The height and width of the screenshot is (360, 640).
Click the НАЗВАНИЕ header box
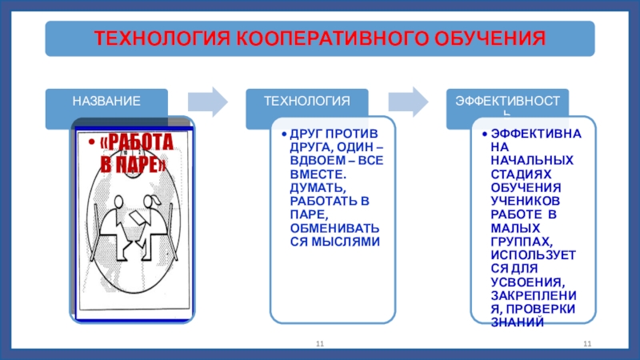[107, 102]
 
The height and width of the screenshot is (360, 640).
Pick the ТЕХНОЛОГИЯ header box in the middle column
[308, 102]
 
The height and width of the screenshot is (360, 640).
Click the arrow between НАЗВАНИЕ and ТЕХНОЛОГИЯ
[207, 101]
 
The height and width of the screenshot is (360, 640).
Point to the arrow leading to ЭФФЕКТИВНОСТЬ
[407, 101]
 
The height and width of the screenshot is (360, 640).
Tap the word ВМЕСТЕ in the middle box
[318, 173]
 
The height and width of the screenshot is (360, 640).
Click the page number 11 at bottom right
[586, 343]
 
